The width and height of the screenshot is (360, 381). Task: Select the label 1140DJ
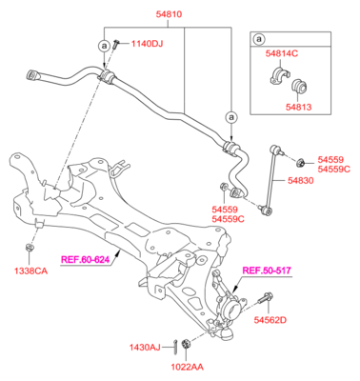click(147, 44)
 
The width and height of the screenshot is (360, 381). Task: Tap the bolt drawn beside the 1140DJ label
click(114, 43)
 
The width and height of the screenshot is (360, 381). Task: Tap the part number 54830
click(302, 180)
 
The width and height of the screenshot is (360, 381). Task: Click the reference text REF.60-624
click(86, 257)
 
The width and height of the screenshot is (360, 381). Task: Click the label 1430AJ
click(147, 347)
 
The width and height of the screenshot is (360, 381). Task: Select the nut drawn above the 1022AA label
click(186, 345)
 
